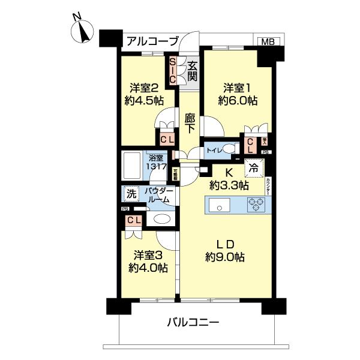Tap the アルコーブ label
pyautogui.click(x=152, y=41)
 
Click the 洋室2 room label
pyautogui.click(x=140, y=87)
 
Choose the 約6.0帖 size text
pyautogui.click(x=238, y=101)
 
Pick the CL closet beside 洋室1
pyautogui.click(x=251, y=145)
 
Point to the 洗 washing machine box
pyautogui.click(x=130, y=194)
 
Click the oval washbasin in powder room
pyautogui.click(x=160, y=219)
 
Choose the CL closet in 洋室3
pyautogui.click(x=133, y=220)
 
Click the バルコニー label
pyautogui.click(x=193, y=322)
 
